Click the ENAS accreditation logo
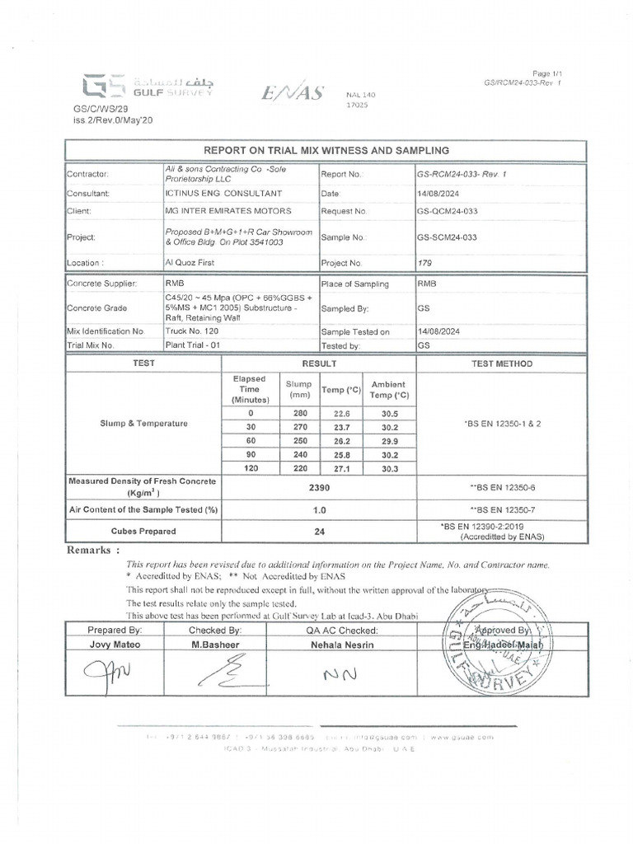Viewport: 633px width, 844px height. (293, 93)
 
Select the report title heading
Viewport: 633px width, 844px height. (326, 151)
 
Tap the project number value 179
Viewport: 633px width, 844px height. (425, 263)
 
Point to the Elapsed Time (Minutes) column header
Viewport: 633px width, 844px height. (249, 389)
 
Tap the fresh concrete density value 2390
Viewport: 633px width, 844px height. (317, 487)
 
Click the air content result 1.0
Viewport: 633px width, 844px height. (317, 510)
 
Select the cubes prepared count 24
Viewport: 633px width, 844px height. (317, 532)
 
